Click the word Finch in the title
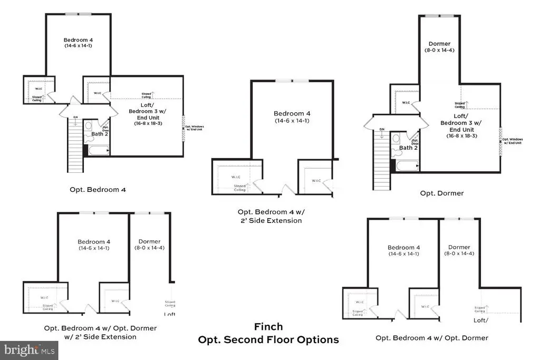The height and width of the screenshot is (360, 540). click(x=269, y=327)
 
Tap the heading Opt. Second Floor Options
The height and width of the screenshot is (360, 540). click(x=268, y=340)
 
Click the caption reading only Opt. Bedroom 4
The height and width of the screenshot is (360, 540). click(x=98, y=189)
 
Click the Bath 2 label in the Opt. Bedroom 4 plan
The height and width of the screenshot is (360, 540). click(x=99, y=134)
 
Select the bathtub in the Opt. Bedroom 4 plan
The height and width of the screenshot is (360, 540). click(x=98, y=151)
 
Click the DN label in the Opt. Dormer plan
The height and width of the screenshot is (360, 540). click(x=382, y=129)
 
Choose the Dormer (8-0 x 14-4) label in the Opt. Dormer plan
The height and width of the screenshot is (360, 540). click(x=439, y=47)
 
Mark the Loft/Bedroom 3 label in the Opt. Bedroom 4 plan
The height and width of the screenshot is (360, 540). click(x=146, y=115)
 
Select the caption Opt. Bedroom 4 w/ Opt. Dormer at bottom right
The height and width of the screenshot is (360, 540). click(x=431, y=338)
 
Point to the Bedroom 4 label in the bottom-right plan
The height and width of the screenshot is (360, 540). click(x=403, y=250)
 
